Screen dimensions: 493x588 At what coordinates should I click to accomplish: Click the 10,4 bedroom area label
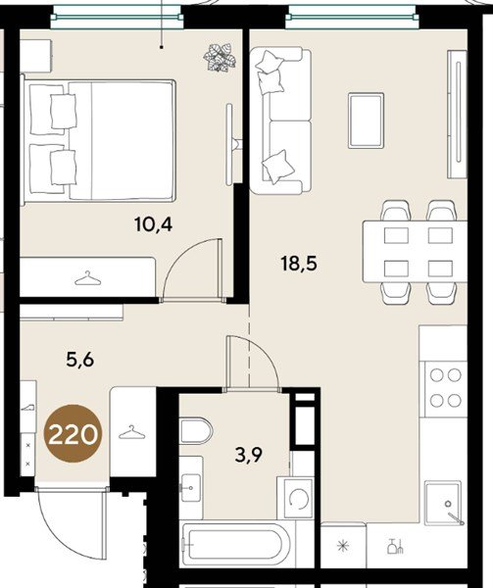(153, 224)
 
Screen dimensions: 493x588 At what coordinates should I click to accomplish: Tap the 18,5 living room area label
(299, 264)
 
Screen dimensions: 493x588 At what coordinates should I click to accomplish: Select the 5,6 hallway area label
(79, 360)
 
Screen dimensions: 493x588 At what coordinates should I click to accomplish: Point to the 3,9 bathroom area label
(249, 456)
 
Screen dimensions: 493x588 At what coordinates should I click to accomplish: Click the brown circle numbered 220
(73, 434)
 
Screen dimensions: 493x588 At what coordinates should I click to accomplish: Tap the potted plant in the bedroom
(220, 58)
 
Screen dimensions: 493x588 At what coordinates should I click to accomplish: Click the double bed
(98, 140)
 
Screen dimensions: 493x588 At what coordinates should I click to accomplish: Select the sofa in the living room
(280, 121)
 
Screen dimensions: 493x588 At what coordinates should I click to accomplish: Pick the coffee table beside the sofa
(366, 121)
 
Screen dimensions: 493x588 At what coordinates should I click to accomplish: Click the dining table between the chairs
(415, 251)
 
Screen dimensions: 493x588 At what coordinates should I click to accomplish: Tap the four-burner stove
(445, 388)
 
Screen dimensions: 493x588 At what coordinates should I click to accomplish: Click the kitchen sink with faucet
(445, 503)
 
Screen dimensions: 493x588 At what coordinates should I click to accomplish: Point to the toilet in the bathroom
(196, 430)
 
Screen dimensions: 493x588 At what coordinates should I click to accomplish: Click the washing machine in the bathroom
(295, 498)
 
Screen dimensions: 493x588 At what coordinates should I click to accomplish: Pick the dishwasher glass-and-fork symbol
(395, 547)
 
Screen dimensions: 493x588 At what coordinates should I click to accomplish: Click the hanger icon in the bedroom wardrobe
(88, 278)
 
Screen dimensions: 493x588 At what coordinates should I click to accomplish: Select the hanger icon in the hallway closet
(131, 432)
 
